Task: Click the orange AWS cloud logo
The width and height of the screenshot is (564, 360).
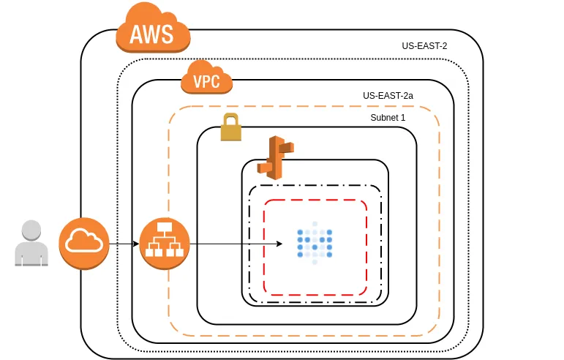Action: (x=153, y=28)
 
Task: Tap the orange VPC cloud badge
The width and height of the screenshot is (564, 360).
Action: (x=206, y=78)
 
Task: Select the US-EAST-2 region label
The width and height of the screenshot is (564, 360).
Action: (x=424, y=46)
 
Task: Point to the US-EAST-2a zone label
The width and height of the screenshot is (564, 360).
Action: (x=388, y=96)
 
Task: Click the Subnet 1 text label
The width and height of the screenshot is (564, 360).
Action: (x=388, y=118)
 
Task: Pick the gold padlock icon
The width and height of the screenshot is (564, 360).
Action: (x=231, y=127)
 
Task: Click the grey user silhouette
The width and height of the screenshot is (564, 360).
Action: (x=31, y=243)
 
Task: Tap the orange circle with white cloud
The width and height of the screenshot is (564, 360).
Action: (x=84, y=243)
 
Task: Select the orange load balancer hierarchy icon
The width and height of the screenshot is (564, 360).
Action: (x=165, y=243)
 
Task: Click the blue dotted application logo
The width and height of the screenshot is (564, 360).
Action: (x=315, y=243)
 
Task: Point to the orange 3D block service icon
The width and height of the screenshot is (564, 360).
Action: (x=276, y=157)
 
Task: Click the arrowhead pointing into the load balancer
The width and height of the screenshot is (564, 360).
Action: (x=136, y=244)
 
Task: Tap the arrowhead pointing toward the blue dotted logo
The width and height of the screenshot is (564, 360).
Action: (x=279, y=244)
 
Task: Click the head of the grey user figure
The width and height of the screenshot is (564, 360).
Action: (x=31, y=230)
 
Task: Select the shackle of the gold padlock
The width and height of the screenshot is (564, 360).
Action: (x=231, y=119)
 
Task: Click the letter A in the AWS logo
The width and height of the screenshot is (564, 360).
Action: (x=136, y=34)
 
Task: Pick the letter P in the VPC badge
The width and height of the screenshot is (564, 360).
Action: (x=207, y=81)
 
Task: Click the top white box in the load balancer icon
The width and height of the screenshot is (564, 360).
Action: (x=165, y=228)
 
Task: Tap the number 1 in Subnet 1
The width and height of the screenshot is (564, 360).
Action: (x=403, y=118)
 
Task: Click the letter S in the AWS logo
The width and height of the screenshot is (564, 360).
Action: (x=167, y=34)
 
